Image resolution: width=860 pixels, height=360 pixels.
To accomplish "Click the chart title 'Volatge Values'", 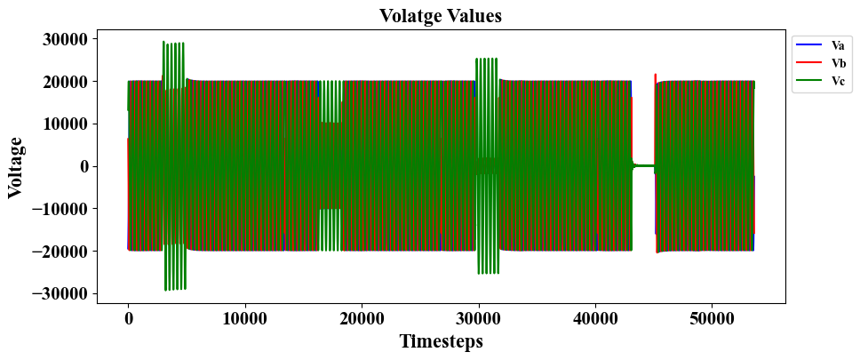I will [x=440, y=15].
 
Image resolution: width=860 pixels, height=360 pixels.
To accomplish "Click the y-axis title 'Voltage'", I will [x=15, y=166].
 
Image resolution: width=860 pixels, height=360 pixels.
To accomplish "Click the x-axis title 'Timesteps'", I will [x=441, y=341].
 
